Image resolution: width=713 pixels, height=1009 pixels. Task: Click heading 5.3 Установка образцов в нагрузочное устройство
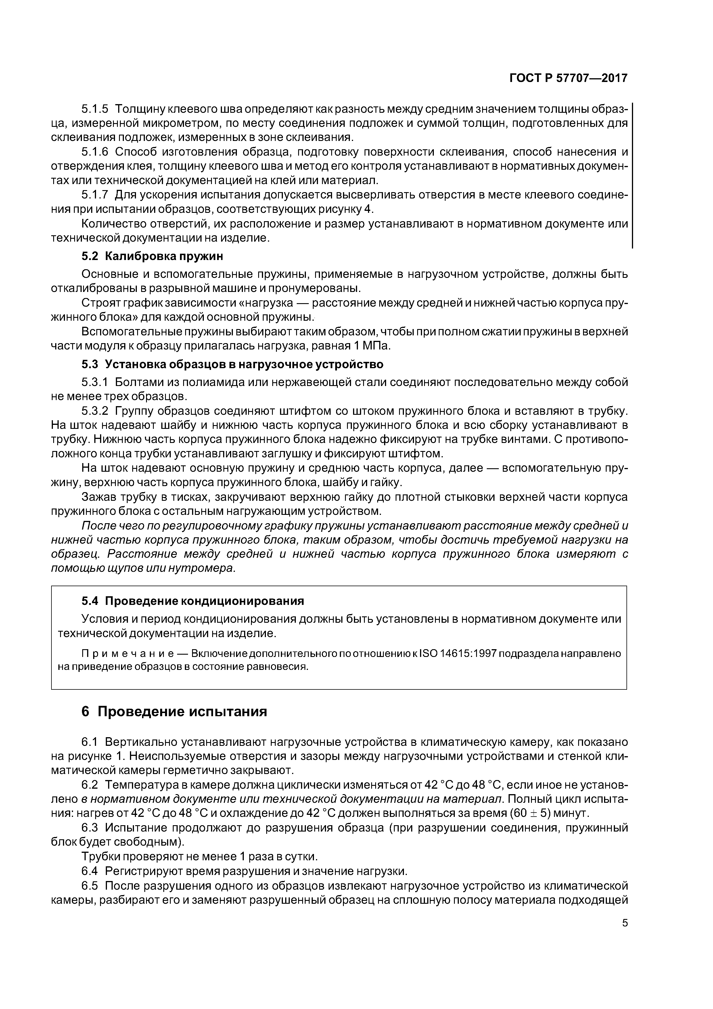coord(232,364)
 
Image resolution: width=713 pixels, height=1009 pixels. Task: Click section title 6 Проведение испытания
coord(175,712)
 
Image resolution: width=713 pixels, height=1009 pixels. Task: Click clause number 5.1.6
coord(95,152)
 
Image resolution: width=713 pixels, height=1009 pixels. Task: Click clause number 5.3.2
coord(95,411)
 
